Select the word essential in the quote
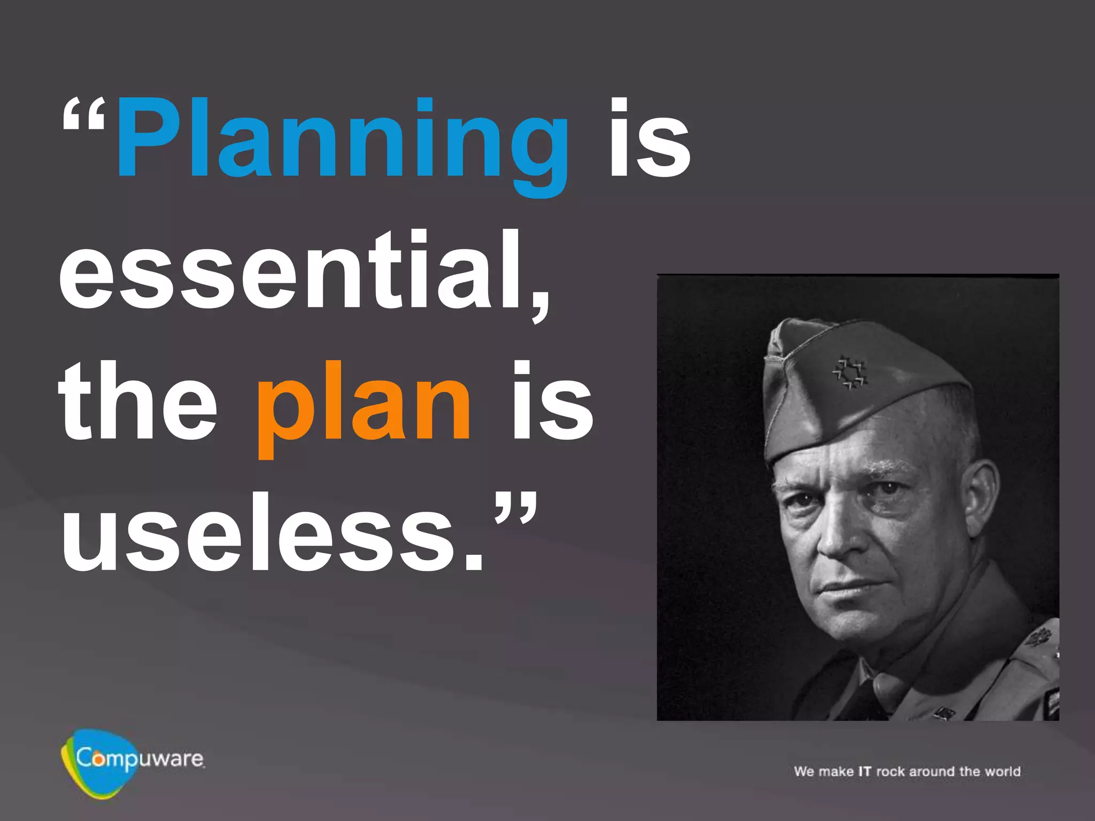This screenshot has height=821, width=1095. (299, 273)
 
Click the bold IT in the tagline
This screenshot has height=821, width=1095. (865, 771)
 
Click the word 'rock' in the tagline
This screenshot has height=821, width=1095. (891, 771)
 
